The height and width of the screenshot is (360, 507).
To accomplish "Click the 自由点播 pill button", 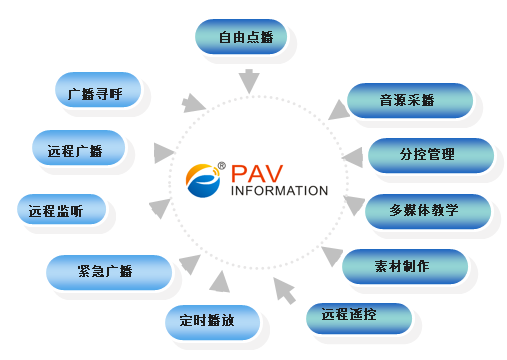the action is point(241,37).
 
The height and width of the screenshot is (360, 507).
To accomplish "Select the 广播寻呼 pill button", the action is point(98,90).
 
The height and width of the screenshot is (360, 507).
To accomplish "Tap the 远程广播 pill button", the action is point(79,148).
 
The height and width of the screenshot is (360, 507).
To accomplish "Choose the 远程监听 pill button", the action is point(62,209).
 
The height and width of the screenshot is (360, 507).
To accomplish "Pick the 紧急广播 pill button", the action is point(109,272).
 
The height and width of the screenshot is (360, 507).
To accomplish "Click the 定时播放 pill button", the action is point(213,322).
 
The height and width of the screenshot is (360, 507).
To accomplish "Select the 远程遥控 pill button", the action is point(359,318).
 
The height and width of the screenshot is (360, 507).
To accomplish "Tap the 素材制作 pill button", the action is point(405,266).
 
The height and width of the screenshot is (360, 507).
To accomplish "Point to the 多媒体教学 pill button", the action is point(428,211).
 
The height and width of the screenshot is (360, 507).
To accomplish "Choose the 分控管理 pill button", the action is point(431,155).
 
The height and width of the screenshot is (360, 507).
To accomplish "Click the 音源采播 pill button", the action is point(410,100).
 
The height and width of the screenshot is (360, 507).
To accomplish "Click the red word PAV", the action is point(257,174).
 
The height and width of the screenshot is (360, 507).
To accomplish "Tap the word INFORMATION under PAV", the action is point(279,191).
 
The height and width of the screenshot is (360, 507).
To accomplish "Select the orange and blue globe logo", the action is point(203,180).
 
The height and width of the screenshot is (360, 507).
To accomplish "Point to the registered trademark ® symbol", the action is point(222,165).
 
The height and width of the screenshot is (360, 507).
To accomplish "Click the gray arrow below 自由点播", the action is point(249,81).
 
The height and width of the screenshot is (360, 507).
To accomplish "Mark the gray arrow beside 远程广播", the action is point(164,153).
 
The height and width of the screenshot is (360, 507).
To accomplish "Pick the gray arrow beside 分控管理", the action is point(353,157).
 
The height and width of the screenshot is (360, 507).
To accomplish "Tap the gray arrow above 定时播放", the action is point(220,282).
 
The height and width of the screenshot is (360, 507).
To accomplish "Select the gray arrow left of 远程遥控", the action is point(284,291).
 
